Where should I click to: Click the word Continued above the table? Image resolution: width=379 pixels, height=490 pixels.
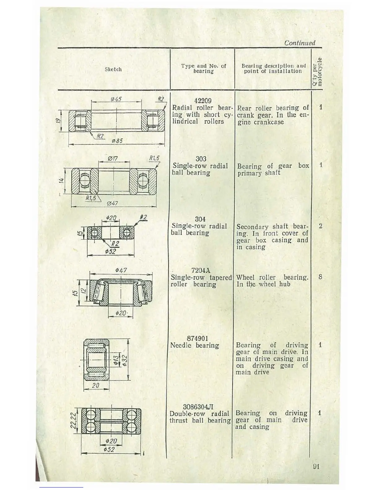(299, 43)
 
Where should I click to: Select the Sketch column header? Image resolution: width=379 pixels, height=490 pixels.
(113, 69)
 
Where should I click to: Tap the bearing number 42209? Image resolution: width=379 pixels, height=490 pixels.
(203, 101)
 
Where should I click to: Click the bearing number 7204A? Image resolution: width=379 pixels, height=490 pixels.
(201, 271)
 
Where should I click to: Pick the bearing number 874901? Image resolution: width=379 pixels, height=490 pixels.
(198, 338)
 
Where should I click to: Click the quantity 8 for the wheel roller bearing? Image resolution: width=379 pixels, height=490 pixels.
(320, 277)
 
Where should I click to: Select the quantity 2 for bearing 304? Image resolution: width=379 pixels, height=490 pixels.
(320, 226)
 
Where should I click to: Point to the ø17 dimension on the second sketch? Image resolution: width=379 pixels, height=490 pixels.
(112, 159)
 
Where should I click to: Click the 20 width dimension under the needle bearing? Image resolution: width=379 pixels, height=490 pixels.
(95, 385)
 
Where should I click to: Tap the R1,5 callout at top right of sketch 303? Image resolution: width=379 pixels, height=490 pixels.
(154, 158)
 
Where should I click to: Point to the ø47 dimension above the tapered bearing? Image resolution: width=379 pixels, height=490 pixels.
(121, 270)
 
